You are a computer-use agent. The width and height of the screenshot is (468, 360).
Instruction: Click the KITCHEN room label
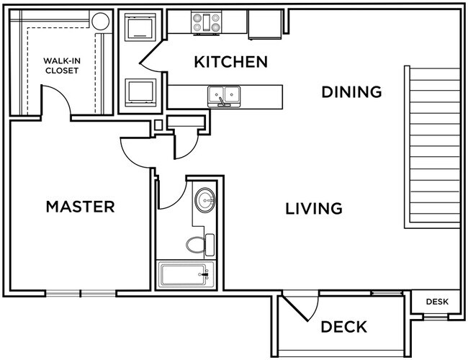[230, 62]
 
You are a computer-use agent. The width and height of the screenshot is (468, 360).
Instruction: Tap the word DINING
[351, 92]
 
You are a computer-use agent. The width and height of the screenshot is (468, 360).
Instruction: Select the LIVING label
[313, 209]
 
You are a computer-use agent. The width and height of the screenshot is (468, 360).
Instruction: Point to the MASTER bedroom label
[80, 207]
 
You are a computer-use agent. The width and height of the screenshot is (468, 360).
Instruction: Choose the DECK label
[343, 326]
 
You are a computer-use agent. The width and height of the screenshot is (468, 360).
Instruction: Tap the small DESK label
[436, 302]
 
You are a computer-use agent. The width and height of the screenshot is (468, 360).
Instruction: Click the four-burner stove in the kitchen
[206, 23]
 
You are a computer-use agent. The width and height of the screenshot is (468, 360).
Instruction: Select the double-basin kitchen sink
[224, 95]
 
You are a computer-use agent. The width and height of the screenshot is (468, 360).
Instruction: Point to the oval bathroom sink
[205, 199]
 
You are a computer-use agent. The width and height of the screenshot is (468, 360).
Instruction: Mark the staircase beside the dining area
[432, 148]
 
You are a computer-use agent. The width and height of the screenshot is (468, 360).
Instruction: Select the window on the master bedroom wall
[80, 293]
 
